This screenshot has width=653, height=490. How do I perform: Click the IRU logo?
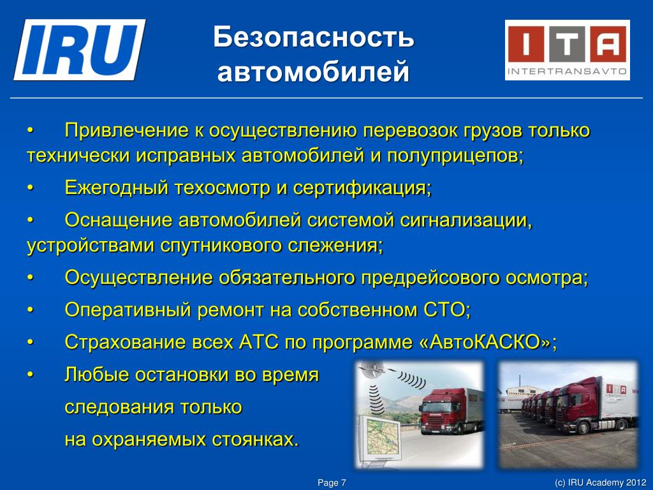[80, 50]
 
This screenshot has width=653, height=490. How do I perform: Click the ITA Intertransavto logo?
[567, 50]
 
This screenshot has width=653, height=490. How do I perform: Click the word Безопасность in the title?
[314, 36]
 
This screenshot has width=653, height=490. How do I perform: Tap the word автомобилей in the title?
[314, 71]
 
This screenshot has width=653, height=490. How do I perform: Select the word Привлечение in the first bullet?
[127, 131]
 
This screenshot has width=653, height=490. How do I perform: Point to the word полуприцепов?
[455, 156]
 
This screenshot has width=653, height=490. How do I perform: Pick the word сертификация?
[362, 188]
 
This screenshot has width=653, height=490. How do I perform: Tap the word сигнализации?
[466, 220]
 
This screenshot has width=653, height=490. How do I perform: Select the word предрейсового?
[430, 278]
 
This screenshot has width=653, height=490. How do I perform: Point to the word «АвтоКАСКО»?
[487, 342]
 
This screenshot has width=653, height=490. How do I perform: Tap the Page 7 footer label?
[332, 482]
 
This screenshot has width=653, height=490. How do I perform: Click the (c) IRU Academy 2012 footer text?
[601, 482]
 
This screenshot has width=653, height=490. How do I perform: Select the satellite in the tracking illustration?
[372, 369]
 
